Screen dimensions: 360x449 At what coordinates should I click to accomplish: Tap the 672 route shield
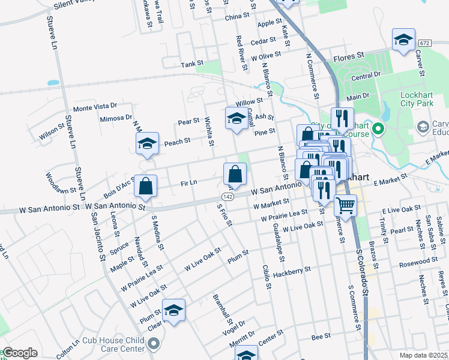pos(425,44)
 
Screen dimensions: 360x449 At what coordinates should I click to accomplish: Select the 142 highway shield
pos(227,197)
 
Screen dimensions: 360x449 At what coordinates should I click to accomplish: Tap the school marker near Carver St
pos(403,40)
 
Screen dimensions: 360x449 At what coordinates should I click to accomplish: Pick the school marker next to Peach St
pos(147,143)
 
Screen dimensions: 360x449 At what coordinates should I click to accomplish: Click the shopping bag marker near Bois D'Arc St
pos(146,186)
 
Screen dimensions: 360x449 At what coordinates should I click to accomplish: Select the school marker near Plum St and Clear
pos(173,310)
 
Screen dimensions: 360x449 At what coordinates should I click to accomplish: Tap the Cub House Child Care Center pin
pos(154,344)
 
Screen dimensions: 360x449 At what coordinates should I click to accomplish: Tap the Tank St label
pos(193,63)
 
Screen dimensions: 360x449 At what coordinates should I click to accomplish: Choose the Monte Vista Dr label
pos(94,107)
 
